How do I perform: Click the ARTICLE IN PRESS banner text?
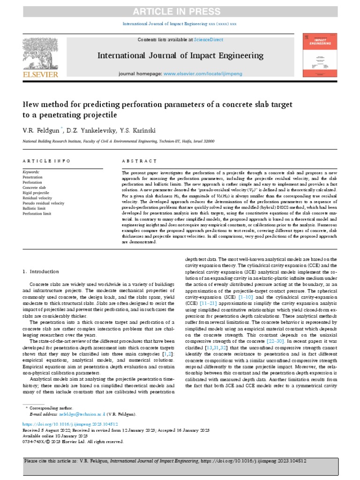pos(180,12)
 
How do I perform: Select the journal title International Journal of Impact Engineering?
pos(180,56)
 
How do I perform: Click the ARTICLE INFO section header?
pos(46,161)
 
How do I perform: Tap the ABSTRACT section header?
pos(139,161)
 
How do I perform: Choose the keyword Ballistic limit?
pos(36,208)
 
